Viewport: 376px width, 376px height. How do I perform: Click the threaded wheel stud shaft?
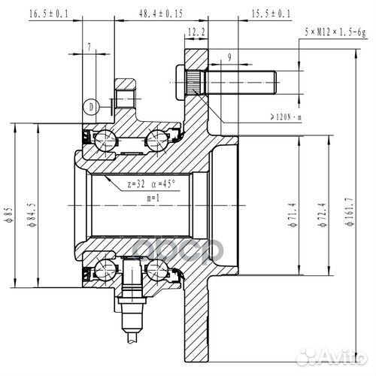point(241,77)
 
